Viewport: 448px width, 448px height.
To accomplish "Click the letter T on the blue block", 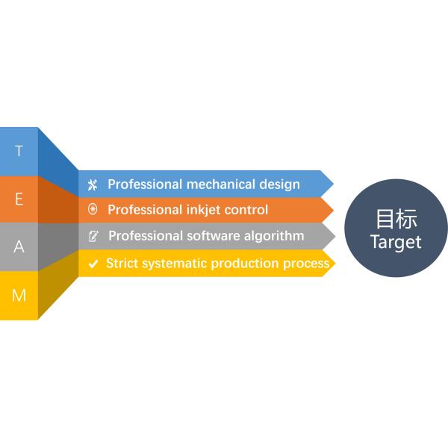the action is [19, 151].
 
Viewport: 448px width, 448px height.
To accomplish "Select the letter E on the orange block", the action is [19, 199].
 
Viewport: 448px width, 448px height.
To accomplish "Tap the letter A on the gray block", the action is [19, 246].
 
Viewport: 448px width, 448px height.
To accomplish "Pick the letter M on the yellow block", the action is [19, 295].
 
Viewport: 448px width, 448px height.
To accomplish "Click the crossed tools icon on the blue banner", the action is [93, 185].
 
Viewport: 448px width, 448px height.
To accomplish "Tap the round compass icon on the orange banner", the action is [93, 209].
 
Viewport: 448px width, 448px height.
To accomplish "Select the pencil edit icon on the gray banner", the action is [93, 236].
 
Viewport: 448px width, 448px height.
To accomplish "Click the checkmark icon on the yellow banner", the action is [93, 264].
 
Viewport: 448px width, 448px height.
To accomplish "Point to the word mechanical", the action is [220, 184].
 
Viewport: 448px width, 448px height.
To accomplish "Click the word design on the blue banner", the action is [280, 185].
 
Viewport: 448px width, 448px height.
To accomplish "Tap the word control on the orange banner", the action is [246, 210].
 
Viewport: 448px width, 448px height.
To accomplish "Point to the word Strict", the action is [122, 263].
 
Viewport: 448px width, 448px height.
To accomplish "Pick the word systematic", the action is [174, 264].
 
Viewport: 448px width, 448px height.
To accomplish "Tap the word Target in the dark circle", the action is [396, 242].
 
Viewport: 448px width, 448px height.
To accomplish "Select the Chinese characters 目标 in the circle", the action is [396, 219].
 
